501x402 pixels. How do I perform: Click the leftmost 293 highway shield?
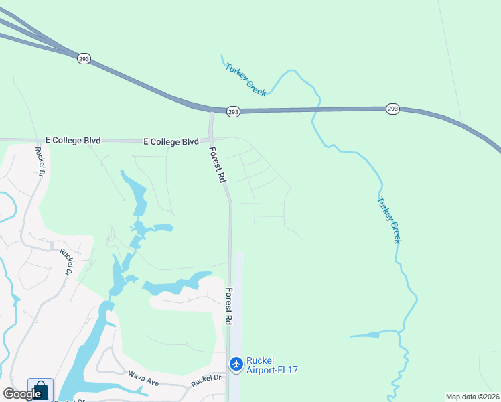(x=84, y=58)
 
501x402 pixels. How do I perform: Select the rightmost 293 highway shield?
(x=392, y=109)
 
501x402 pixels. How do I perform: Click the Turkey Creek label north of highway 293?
(x=245, y=80)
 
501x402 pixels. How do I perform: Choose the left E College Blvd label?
(x=72, y=141)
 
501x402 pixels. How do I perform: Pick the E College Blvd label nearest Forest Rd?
(x=171, y=141)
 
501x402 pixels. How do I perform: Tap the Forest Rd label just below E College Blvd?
(x=217, y=165)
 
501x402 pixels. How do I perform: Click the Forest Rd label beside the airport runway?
(x=228, y=307)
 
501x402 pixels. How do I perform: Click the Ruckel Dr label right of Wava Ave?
(x=206, y=381)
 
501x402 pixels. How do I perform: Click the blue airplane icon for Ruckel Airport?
(x=236, y=364)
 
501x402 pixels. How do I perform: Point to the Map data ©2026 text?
(x=472, y=397)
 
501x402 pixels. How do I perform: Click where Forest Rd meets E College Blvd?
(x=213, y=141)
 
